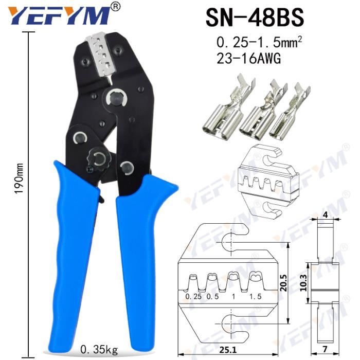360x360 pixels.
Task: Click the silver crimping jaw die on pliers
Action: point(101,55)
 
